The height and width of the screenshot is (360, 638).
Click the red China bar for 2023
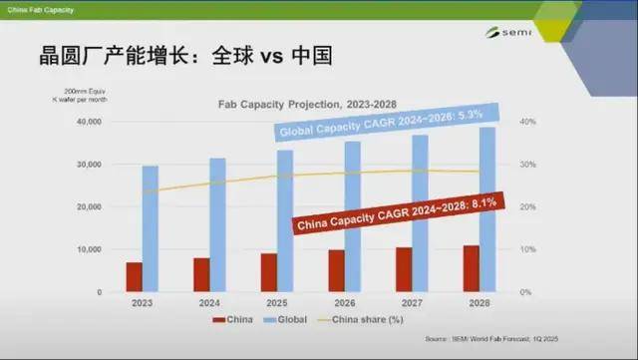(x=134, y=277)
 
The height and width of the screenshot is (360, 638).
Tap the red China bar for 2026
(x=336, y=270)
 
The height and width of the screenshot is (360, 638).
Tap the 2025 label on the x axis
(x=276, y=302)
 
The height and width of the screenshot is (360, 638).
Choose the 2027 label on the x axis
(x=412, y=302)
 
